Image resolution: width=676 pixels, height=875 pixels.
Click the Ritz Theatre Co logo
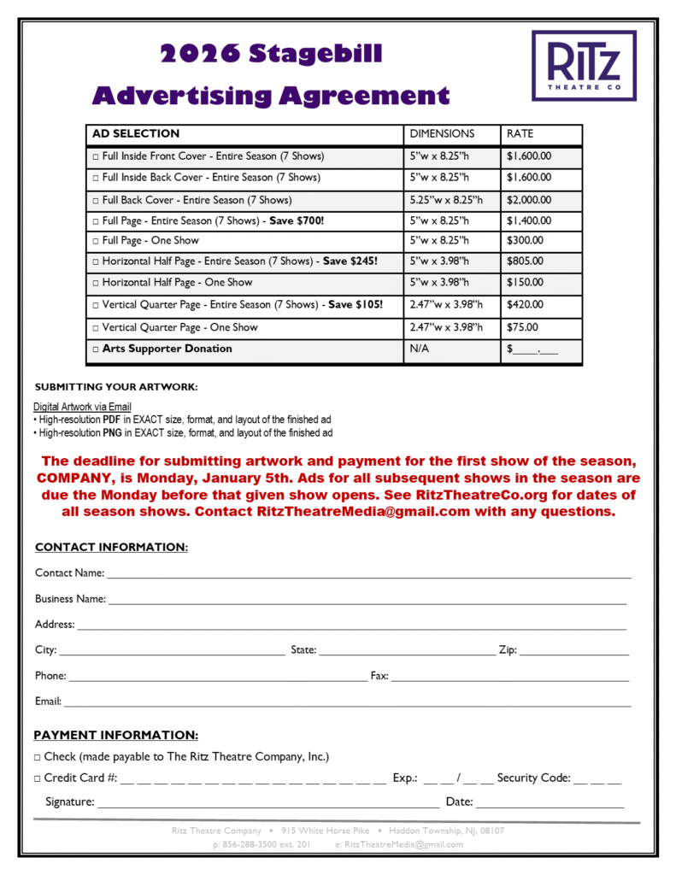(x=584, y=65)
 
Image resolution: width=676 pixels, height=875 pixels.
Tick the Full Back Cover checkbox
(x=96, y=201)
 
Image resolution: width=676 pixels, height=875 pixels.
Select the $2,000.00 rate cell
(x=528, y=200)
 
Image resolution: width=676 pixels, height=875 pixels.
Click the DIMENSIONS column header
(x=442, y=134)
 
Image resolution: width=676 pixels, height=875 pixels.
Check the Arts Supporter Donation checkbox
(x=96, y=349)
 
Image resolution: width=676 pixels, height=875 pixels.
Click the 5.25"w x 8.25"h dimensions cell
(x=445, y=200)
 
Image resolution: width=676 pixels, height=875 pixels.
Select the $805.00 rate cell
(x=524, y=261)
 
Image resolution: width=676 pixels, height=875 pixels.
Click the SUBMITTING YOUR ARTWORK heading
(x=115, y=387)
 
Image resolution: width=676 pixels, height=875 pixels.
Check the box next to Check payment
(x=38, y=758)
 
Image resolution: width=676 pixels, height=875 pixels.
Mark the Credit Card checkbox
(x=38, y=778)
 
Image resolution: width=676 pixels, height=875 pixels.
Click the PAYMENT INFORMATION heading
(x=115, y=736)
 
